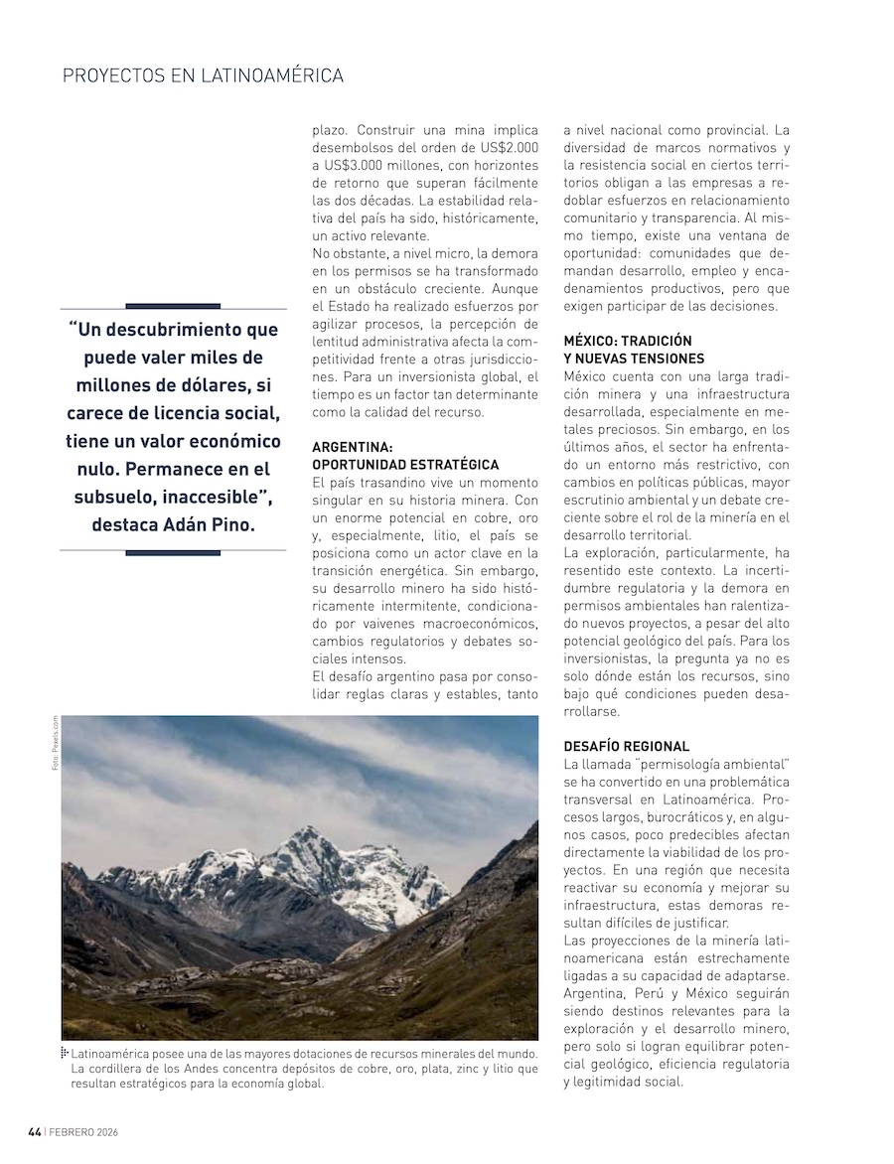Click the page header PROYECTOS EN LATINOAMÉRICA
tap(203, 75)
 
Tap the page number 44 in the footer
tap(34, 1132)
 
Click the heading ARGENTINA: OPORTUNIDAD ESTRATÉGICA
tap(405, 456)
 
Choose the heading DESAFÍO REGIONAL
tap(626, 745)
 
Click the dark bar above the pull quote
tap(173, 306)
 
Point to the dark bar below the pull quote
tap(173, 552)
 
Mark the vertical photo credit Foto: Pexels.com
tap(56, 745)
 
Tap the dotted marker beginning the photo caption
tap(65, 1052)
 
